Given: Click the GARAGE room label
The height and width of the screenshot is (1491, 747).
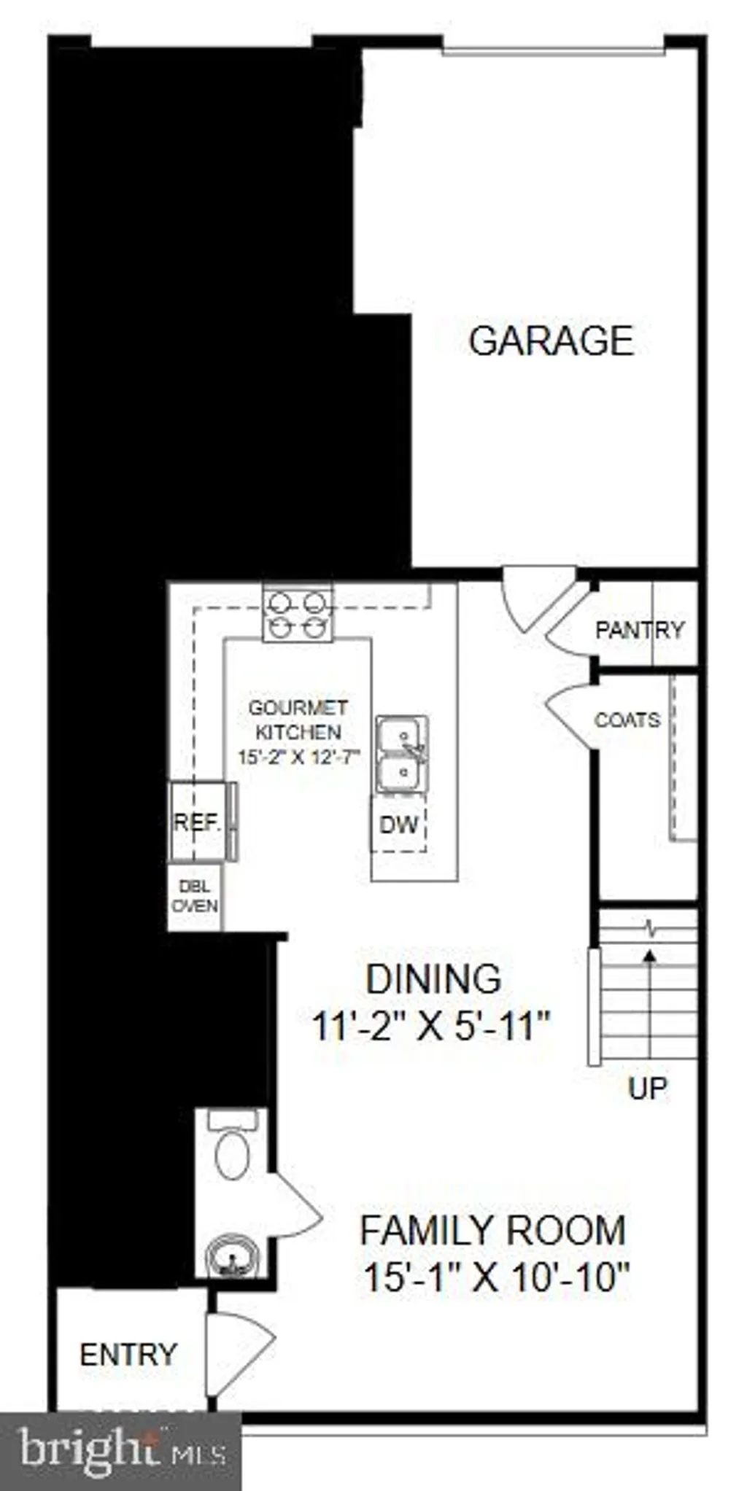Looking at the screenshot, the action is click(551, 341).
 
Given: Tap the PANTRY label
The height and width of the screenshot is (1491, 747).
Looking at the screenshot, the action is click(640, 630).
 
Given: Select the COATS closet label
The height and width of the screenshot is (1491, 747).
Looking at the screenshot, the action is click(627, 720).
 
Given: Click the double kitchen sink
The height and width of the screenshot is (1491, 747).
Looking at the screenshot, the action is click(401, 755).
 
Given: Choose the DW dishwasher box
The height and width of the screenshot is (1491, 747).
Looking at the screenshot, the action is click(398, 825).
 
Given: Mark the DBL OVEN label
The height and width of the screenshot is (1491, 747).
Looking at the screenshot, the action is click(195, 896).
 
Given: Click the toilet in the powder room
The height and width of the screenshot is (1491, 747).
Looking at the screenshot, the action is click(233, 1144).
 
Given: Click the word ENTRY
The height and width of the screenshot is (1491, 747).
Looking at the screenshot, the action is click(128, 1355).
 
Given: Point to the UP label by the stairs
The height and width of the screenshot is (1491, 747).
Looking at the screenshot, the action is click(647, 1089).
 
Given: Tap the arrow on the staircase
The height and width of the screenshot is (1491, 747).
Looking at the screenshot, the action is click(649, 1003).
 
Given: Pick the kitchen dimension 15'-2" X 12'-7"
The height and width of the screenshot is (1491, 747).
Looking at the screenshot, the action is click(299, 757).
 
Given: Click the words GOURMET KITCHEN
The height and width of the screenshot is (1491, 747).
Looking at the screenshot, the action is click(298, 720).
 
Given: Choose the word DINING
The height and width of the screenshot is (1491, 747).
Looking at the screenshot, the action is click(433, 979).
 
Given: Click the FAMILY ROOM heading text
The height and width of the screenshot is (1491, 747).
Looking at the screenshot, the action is click(493, 1230).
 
